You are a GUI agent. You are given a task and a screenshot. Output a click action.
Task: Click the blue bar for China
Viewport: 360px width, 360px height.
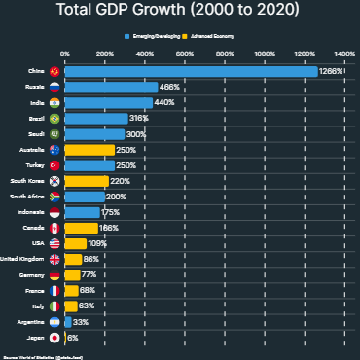[x=191, y=71]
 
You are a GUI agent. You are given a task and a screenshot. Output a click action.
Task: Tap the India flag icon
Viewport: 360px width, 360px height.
[x=55, y=102]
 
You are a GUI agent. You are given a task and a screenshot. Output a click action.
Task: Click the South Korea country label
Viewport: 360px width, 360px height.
[x=26, y=181]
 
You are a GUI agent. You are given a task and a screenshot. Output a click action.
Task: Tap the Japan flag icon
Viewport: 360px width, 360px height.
[x=55, y=338]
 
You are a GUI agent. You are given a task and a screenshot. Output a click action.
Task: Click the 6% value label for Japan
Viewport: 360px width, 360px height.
[x=73, y=338]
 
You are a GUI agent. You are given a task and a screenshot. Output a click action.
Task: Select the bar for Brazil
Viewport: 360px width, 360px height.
[x=93, y=118]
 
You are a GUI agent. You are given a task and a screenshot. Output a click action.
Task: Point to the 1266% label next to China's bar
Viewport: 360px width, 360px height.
[x=332, y=71]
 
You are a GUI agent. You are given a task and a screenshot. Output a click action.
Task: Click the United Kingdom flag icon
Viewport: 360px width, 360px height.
[x=55, y=259]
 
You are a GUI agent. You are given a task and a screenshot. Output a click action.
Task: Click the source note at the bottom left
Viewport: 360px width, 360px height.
[x=34, y=356]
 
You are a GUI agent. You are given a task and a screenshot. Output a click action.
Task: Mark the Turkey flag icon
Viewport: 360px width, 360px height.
[x=55, y=165]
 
